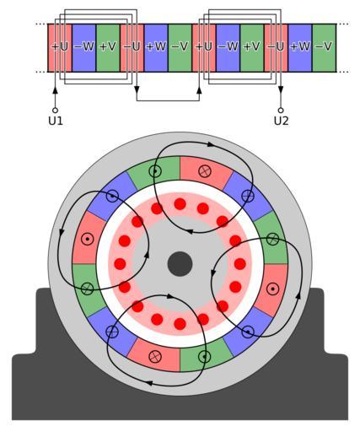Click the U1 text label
56,121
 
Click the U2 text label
281,121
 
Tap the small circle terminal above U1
55,110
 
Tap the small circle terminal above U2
281,110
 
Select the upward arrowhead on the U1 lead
55,90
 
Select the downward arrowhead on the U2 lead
281,90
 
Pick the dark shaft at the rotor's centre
180,264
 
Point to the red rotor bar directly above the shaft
180,204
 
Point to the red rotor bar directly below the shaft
180,324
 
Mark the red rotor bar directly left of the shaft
120,264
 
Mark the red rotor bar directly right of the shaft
240,264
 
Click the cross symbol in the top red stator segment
205,170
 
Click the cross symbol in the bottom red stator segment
155,357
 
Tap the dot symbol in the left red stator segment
88,239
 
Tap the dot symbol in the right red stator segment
272,289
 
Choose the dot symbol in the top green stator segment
155,171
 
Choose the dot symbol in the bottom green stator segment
205,357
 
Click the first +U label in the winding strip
60,46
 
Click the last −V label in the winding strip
324,46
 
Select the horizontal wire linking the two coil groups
168,100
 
